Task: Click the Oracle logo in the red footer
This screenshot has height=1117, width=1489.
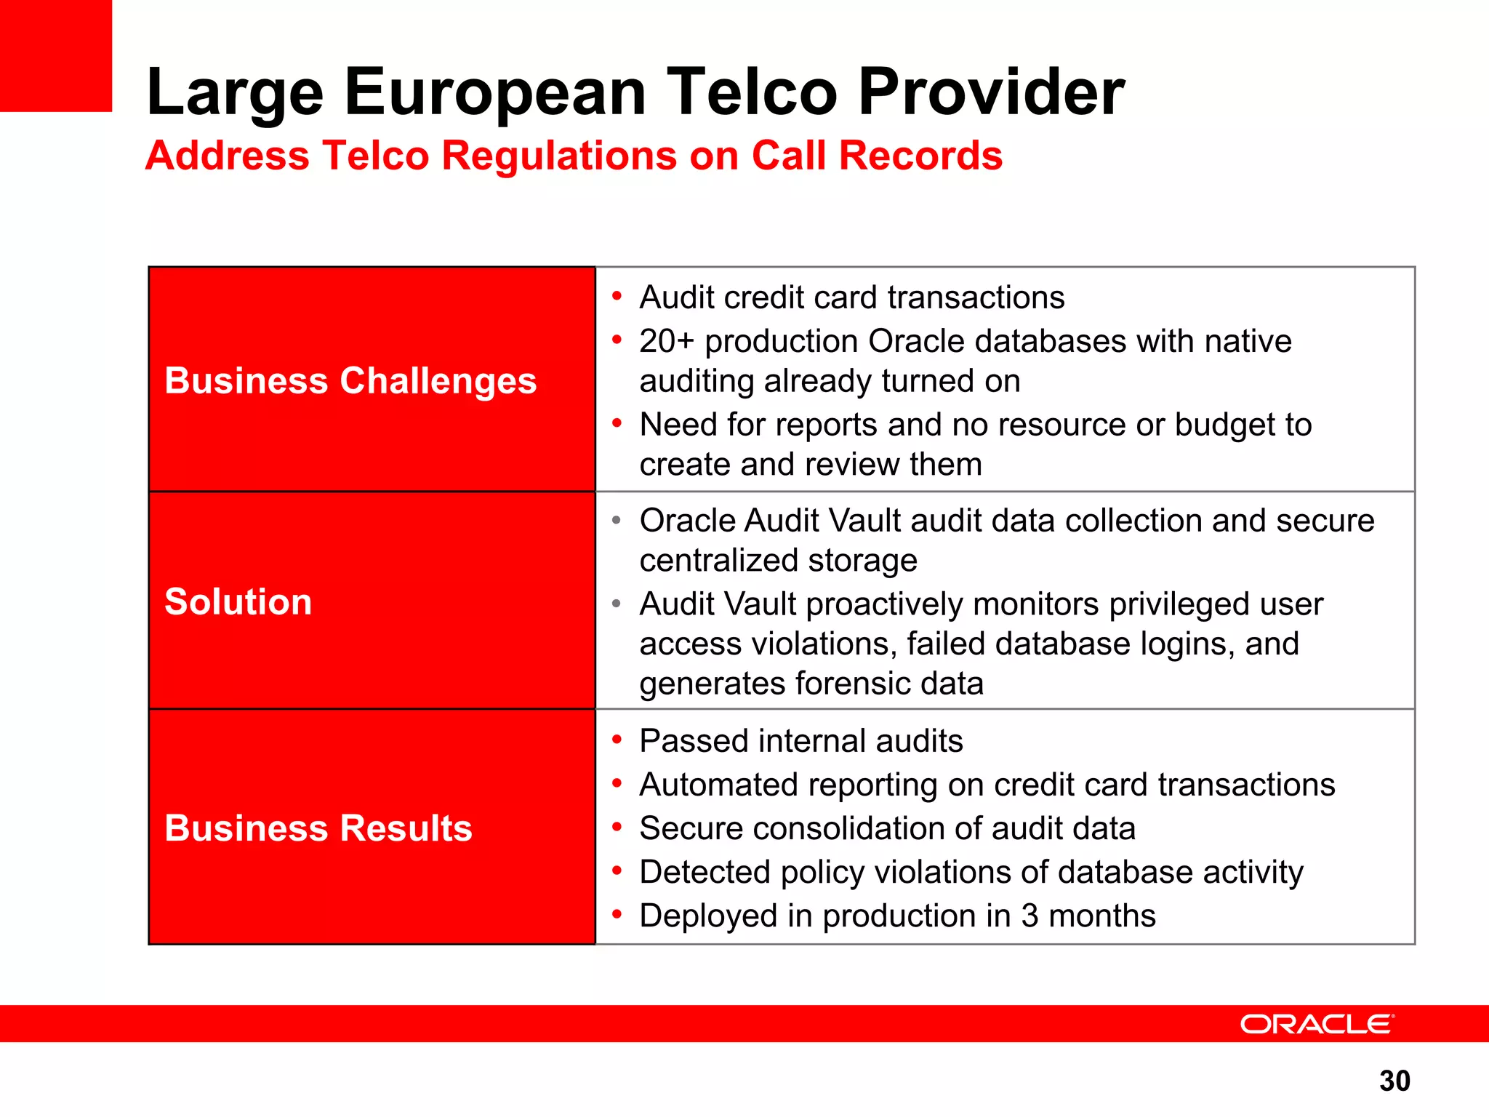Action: click(x=1317, y=1024)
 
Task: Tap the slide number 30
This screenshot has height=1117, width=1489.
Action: click(x=1394, y=1081)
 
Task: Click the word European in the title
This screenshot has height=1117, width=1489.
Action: click(x=494, y=92)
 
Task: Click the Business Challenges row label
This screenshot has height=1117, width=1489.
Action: click(x=350, y=380)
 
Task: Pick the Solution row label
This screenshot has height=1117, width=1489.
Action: click(x=238, y=601)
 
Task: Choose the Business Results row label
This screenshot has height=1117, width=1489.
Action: click(x=318, y=828)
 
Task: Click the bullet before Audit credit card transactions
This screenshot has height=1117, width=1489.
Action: click(x=617, y=296)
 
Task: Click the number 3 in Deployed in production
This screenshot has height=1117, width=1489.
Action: click(x=1030, y=916)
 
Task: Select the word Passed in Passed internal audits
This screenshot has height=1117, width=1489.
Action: click(x=692, y=741)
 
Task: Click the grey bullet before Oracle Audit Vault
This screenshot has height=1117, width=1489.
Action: click(x=617, y=520)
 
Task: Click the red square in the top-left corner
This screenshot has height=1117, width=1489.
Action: click(x=56, y=55)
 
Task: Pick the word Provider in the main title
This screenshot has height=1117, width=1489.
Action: click(x=991, y=92)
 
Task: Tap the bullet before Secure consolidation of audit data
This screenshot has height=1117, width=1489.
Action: click(x=617, y=827)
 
